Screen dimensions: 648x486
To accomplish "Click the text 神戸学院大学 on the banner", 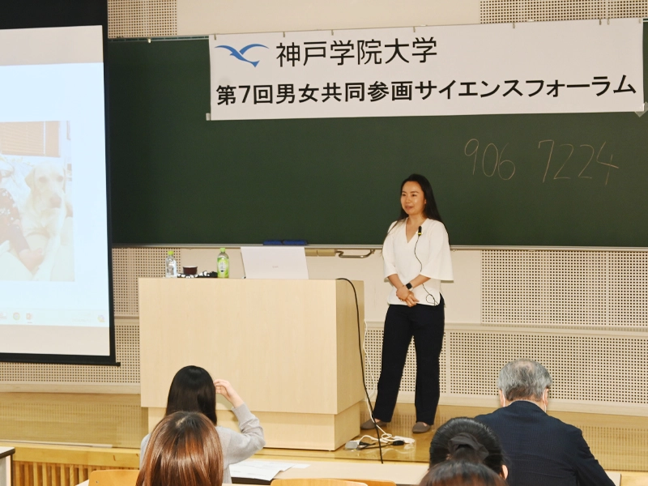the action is pyautogui.click(x=356, y=53).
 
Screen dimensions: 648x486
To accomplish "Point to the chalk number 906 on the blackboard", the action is pyautogui.click(x=490, y=159).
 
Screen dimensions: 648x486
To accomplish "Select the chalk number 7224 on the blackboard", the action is pyautogui.click(x=578, y=161).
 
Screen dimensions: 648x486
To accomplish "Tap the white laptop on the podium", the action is pyautogui.click(x=275, y=262).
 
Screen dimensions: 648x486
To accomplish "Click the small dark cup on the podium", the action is pyautogui.click(x=190, y=271).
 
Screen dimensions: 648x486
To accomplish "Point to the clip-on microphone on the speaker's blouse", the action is pyautogui.click(x=420, y=231).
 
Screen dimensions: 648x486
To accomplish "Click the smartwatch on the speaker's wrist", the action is pyautogui.click(x=409, y=286).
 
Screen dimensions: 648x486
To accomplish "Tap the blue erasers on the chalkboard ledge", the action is pyautogui.click(x=285, y=242).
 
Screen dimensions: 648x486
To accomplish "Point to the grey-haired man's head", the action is pyautogui.click(x=524, y=383).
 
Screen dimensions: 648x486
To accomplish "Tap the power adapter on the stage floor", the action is pyautogui.click(x=352, y=445).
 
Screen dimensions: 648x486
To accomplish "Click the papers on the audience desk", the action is pyautogui.click(x=265, y=471).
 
